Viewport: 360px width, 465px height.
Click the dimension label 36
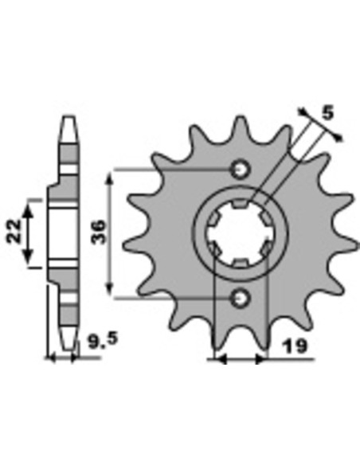[x=98, y=232]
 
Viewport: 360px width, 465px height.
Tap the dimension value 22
[x=14, y=232]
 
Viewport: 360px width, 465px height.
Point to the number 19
[x=294, y=346]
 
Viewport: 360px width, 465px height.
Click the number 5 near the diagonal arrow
[x=327, y=113]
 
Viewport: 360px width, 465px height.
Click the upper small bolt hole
[x=241, y=170]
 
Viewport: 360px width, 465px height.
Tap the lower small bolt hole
[x=241, y=298]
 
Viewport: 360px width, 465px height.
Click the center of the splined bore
[x=240, y=233]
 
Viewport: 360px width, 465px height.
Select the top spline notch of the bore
[x=240, y=204]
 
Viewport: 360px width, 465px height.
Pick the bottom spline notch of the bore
[x=240, y=263]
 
